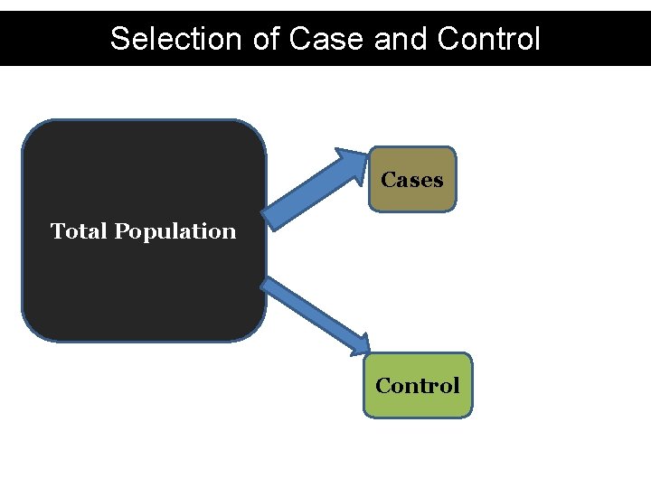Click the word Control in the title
tap(488, 39)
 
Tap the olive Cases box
tap(412, 179)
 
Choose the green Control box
tap(418, 385)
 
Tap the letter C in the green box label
tap(383, 386)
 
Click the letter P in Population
tap(121, 231)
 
